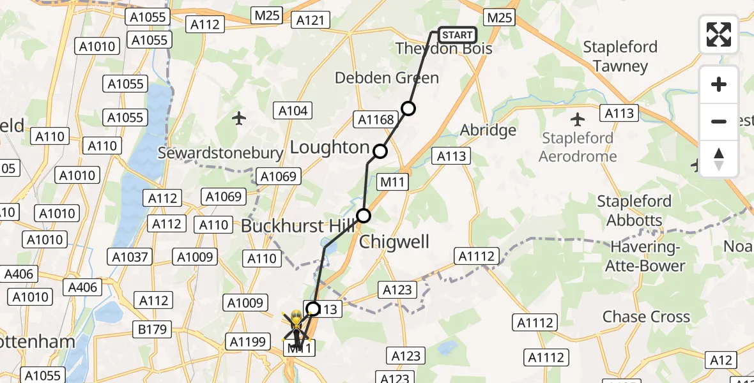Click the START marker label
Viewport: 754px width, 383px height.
[x=457, y=34]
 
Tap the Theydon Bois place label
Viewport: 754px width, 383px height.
[x=444, y=49]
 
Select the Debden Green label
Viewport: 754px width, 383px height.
[x=387, y=78]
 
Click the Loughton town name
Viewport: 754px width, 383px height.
[x=330, y=147]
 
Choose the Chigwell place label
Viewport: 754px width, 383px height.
[x=394, y=242]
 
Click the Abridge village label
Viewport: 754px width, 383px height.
[x=488, y=130]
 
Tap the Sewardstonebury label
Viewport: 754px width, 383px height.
[x=220, y=153]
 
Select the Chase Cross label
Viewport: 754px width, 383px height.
[x=646, y=317]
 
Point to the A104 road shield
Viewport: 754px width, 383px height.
[x=293, y=111]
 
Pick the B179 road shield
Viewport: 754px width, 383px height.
[x=153, y=329]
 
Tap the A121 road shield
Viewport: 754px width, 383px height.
[x=311, y=20]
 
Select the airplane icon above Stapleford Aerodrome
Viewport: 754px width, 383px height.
[x=578, y=119]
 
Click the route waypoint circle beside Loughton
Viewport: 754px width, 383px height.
[x=380, y=151]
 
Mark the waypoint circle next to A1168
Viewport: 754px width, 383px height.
[x=408, y=108]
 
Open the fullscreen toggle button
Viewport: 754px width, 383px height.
[x=719, y=34]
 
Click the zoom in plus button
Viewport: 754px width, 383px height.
[x=719, y=85]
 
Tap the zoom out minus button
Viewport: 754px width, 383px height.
[x=719, y=121]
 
